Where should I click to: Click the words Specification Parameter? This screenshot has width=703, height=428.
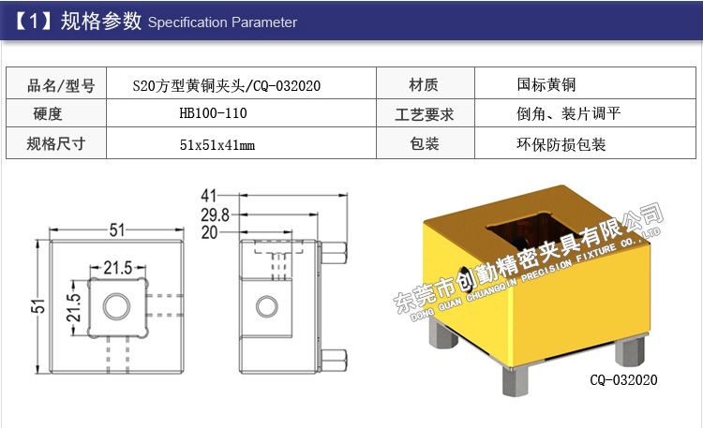(223, 22)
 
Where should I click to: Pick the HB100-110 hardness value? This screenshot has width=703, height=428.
(213, 115)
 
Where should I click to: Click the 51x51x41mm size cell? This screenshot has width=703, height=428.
(217, 145)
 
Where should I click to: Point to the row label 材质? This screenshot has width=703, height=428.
(424, 86)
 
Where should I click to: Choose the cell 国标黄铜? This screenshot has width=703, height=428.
(546, 85)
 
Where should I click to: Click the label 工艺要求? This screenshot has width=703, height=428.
(425, 115)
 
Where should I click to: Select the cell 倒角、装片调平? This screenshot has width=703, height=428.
(562, 115)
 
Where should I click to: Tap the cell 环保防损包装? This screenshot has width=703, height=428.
(561, 145)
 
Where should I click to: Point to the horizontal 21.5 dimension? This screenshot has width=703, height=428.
(117, 269)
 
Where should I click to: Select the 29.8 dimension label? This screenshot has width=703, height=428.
(215, 214)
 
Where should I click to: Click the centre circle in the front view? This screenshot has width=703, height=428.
(117, 306)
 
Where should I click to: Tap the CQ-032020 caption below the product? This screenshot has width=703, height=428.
(623, 380)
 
